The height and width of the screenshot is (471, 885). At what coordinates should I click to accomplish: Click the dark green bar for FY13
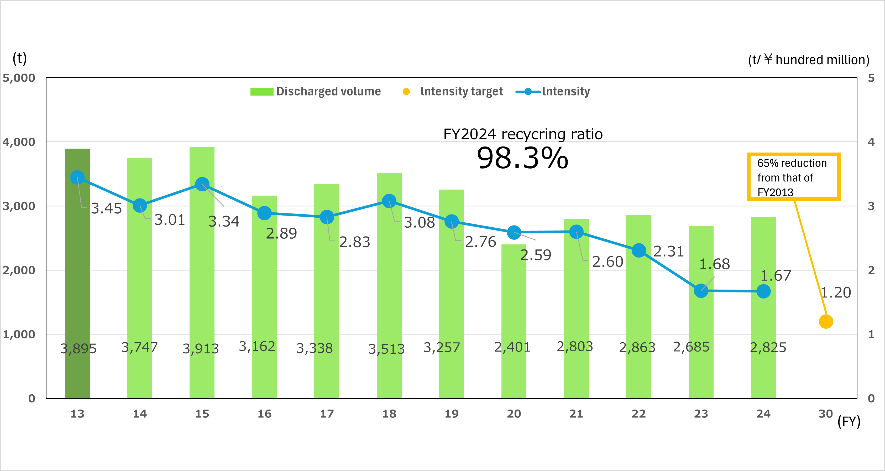77,292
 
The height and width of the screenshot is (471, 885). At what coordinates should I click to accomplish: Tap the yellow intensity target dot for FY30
826,322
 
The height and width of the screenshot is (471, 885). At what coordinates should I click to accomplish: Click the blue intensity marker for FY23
701,291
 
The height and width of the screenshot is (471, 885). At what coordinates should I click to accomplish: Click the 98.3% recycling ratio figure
522,158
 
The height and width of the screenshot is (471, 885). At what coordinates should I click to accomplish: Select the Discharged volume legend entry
315,91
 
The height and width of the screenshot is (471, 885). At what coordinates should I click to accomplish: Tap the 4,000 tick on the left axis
19,142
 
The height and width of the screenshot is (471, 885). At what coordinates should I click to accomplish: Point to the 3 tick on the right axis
871,206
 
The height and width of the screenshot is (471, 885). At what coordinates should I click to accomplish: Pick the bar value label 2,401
512,347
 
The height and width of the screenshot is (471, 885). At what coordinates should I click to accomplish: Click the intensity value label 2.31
668,252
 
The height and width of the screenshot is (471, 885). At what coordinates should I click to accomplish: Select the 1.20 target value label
836,292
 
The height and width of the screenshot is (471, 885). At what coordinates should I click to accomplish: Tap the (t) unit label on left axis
20,58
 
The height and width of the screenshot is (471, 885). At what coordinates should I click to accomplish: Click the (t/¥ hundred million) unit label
808,60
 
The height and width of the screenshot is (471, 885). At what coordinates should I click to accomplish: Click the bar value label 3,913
200,349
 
